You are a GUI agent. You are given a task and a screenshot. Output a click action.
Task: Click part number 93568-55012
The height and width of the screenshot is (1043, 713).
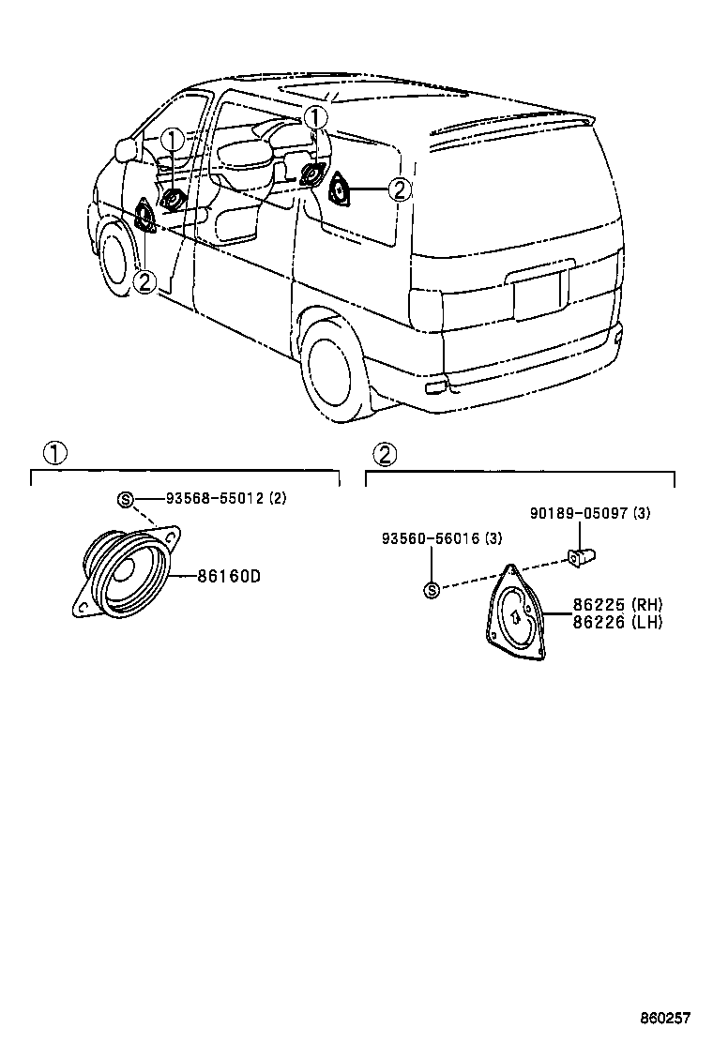click(x=215, y=499)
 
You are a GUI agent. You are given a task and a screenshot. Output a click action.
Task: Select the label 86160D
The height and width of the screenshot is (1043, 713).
click(x=228, y=576)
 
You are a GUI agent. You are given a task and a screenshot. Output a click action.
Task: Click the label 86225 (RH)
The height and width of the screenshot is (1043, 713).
click(x=604, y=605)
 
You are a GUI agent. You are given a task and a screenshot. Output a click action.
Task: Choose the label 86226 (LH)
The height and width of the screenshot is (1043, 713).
click(x=604, y=621)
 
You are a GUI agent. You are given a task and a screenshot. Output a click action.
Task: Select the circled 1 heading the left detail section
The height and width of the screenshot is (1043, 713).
click(x=54, y=454)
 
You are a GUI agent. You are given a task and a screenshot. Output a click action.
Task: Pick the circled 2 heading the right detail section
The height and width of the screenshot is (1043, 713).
click(x=385, y=454)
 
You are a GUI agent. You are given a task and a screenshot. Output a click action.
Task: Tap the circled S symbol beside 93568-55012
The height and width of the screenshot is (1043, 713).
click(x=125, y=499)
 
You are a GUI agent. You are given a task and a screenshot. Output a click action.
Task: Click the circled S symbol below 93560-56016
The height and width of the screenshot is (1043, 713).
click(x=432, y=590)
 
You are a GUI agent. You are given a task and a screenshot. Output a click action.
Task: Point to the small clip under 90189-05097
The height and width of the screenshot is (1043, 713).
click(x=583, y=555)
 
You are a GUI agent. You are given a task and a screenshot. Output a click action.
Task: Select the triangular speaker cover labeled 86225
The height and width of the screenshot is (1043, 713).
click(x=514, y=620)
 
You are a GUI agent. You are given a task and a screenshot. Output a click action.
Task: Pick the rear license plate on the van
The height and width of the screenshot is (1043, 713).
click(x=541, y=295)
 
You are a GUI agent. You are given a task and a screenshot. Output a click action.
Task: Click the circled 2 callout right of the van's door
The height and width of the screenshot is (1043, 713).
click(x=400, y=190)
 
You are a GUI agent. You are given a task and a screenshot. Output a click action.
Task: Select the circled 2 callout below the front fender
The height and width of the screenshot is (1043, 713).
click(x=144, y=280)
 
